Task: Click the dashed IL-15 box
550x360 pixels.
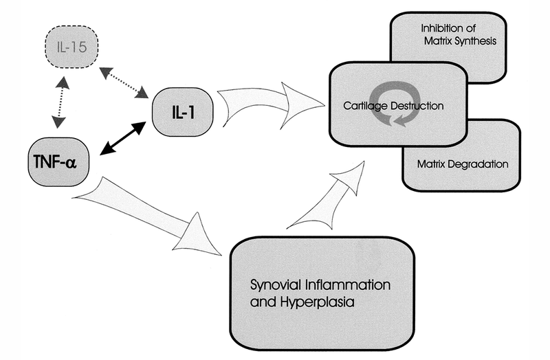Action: (71, 47)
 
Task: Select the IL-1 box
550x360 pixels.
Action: (183, 112)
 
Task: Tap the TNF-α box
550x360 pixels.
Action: (58, 161)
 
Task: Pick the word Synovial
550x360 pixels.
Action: (276, 284)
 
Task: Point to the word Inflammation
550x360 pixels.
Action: (348, 284)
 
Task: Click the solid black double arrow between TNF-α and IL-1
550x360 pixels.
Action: (123, 138)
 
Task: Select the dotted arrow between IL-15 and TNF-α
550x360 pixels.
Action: (60, 102)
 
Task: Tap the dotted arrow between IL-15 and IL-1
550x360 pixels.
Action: (124, 82)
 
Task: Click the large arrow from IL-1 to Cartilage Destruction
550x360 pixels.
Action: (270, 104)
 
